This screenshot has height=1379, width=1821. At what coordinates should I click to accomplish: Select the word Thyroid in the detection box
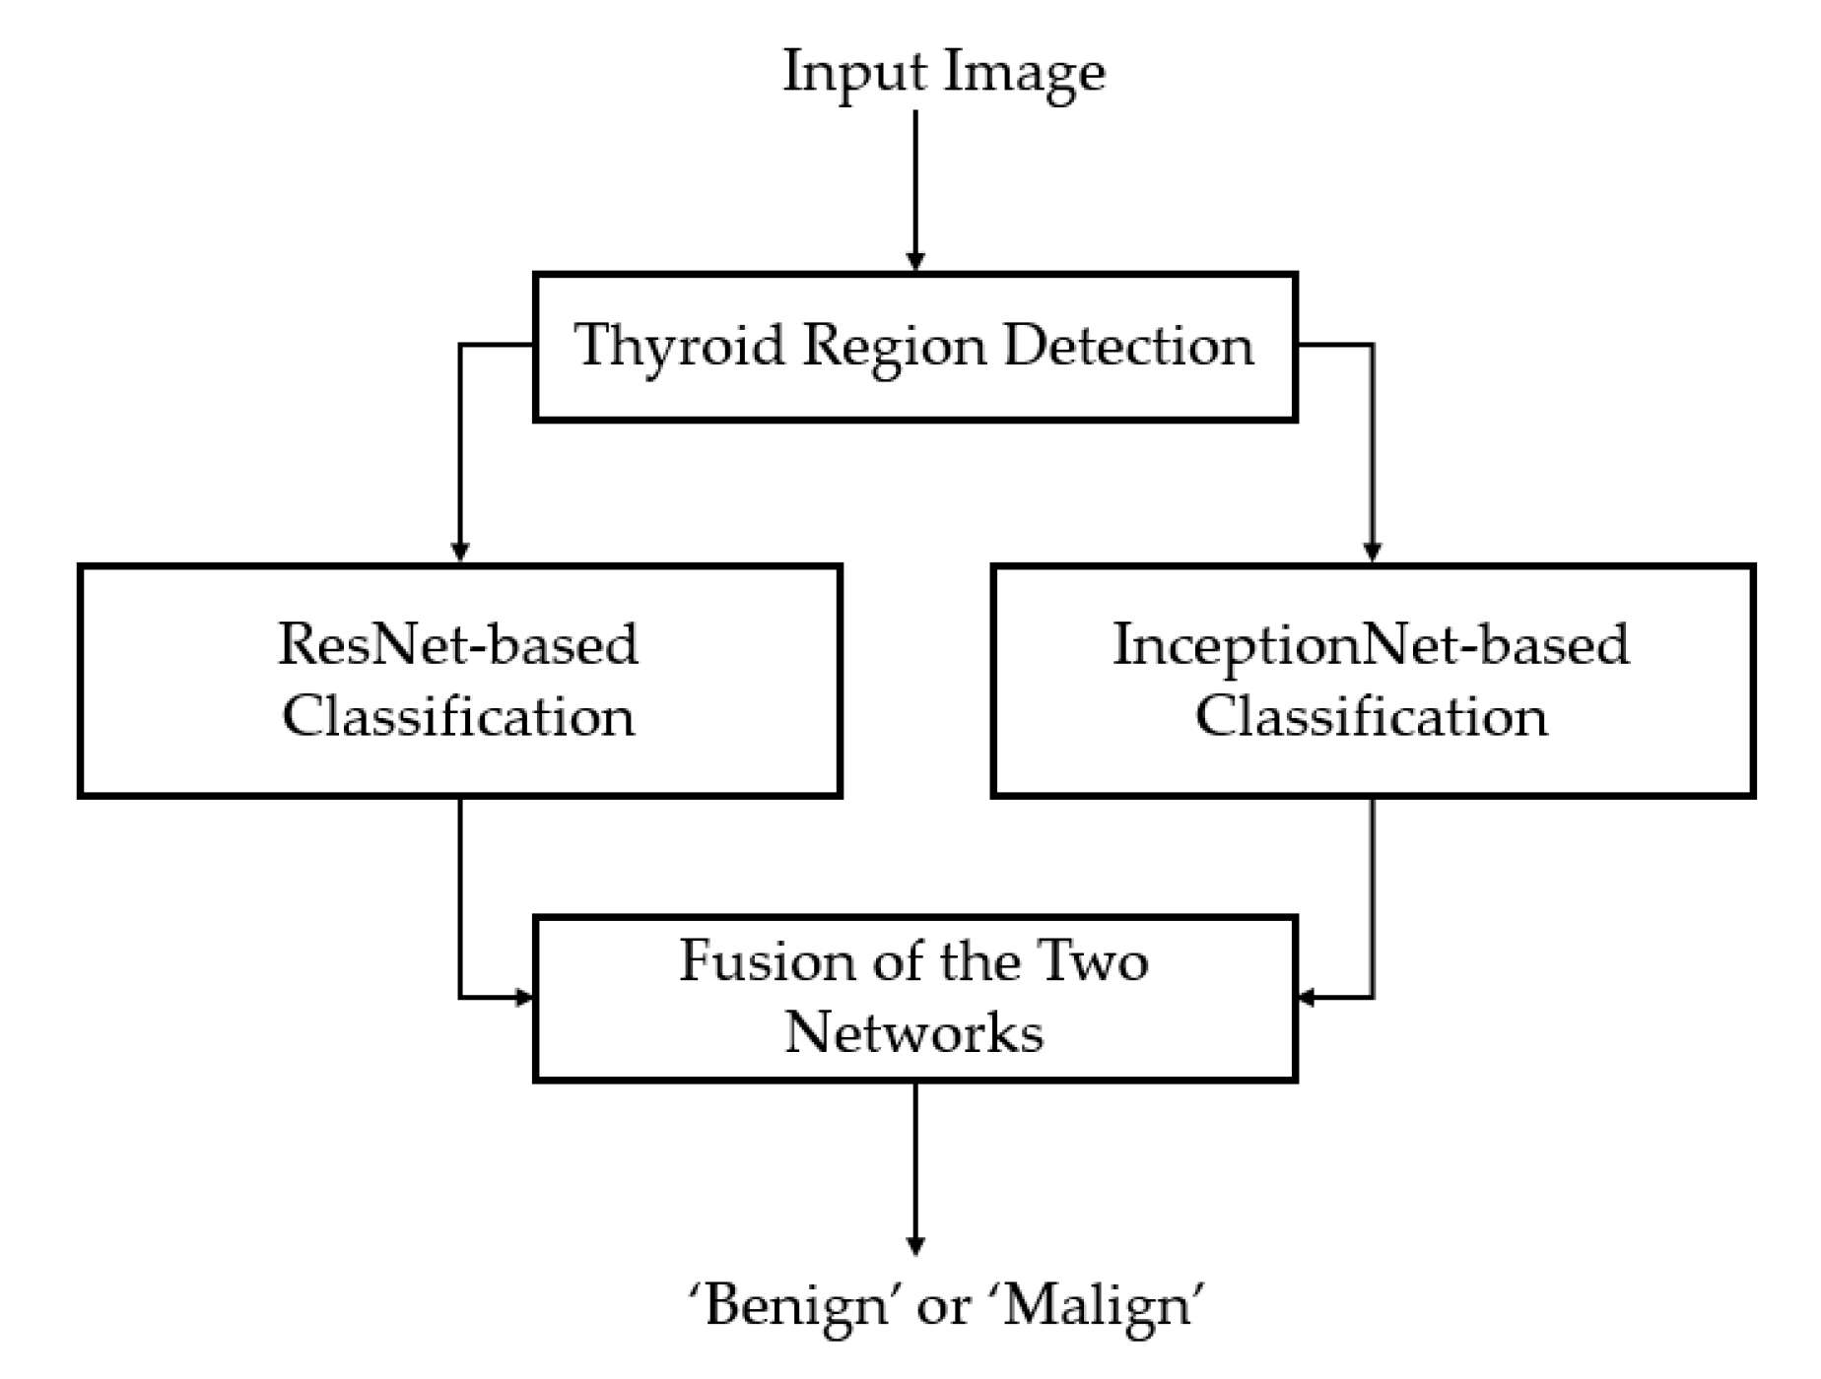pos(679,347)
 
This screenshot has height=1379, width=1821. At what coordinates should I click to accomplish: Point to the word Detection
pos(1128,347)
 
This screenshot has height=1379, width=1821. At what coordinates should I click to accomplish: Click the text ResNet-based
pos(458,644)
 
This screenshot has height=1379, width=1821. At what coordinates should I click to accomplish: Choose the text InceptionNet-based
pos(1371,644)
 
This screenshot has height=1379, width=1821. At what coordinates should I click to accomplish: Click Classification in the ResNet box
pos(458,716)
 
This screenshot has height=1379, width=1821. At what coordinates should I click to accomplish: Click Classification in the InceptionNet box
pos(1371,716)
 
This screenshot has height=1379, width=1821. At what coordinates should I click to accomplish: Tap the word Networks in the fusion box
pos(913,1033)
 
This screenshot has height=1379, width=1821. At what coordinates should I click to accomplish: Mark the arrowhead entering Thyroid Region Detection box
pos(915,261)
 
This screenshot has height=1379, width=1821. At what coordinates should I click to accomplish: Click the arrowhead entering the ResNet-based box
pos(459,553)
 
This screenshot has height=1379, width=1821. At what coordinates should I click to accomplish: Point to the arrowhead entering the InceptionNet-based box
pos(1372,553)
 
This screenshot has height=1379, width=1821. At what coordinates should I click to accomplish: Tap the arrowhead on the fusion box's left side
pos(524,998)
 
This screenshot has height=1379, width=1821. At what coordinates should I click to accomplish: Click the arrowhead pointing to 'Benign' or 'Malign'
pos(915,1245)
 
